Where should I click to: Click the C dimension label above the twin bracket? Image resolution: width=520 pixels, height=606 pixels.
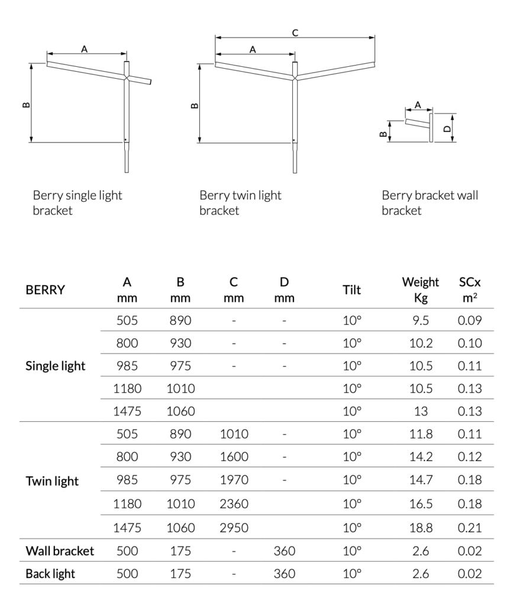pyautogui.click(x=295, y=33)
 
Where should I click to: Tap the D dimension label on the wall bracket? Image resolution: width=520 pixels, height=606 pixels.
pyautogui.click(x=447, y=127)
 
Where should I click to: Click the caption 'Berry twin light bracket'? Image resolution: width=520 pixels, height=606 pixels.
pyautogui.click(x=240, y=202)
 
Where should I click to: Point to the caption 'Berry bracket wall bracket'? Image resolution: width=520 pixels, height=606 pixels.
pyautogui.click(x=429, y=202)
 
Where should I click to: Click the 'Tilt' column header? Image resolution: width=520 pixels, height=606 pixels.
pyautogui.click(x=351, y=290)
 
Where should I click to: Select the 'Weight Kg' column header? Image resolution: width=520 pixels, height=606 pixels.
pyautogui.click(x=421, y=289)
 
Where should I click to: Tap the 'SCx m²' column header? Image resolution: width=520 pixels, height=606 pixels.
pyautogui.click(x=470, y=289)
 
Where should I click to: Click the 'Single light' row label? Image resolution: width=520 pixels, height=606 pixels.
pyautogui.click(x=56, y=366)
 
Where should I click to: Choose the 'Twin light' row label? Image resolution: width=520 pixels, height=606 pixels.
pyautogui.click(x=52, y=481)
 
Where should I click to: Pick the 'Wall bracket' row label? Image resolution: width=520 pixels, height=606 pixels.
pyautogui.click(x=60, y=551)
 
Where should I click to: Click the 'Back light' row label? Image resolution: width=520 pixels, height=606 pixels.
pyautogui.click(x=50, y=573)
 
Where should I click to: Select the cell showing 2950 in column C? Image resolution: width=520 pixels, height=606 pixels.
pyautogui.click(x=234, y=527)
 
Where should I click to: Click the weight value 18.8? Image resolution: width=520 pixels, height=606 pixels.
pyautogui.click(x=421, y=527)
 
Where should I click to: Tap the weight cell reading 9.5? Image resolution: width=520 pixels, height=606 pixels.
pyautogui.click(x=421, y=321)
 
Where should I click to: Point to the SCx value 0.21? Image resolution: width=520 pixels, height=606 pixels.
pyautogui.click(x=470, y=527)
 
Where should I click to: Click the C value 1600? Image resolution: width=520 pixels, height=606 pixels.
pyautogui.click(x=234, y=456)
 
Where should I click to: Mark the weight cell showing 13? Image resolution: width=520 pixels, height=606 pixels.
pyautogui.click(x=421, y=410)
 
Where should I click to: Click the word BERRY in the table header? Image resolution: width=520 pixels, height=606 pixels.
pyautogui.click(x=46, y=290)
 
